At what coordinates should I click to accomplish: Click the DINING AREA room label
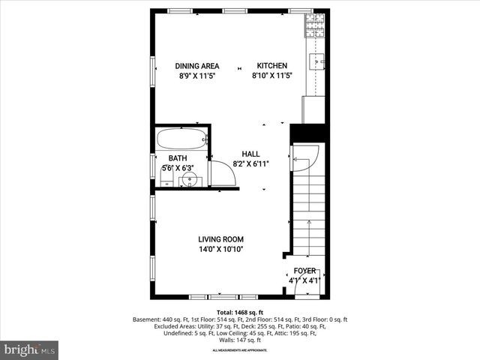point(198,66)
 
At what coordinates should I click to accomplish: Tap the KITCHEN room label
point(271,66)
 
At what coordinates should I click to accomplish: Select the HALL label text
point(250,154)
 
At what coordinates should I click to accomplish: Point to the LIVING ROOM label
point(220,239)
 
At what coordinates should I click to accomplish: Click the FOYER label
point(304,271)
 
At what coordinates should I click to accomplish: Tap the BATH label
point(178,158)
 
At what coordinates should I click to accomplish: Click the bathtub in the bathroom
point(183,139)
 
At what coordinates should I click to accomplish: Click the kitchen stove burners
point(313,25)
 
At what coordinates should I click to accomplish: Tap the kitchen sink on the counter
point(318,62)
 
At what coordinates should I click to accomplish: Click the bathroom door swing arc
point(224,174)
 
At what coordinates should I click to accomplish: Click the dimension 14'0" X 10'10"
point(220,249)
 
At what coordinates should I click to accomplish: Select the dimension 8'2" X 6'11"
point(250,163)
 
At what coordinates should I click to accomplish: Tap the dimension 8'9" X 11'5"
point(198,76)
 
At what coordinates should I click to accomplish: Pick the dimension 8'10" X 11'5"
point(271,76)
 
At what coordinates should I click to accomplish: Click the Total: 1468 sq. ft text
point(240,311)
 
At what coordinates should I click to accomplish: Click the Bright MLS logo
point(29,349)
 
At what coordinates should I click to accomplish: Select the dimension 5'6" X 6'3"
point(178,168)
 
